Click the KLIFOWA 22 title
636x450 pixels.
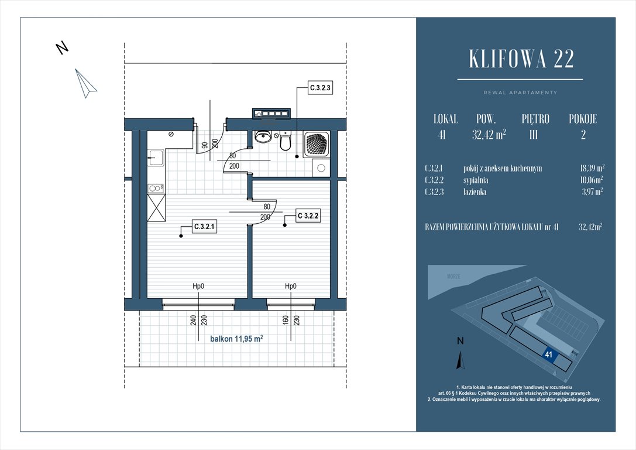click(521, 59)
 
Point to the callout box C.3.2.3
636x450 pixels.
click(320, 89)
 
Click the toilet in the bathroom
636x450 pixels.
click(285, 141)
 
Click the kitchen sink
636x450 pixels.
click(156, 156)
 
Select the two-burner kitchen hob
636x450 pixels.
click(156, 188)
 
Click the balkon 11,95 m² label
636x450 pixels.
click(236, 338)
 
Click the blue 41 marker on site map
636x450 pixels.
click(549, 354)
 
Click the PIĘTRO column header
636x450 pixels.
click(535, 119)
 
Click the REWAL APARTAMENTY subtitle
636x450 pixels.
click(520, 93)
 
